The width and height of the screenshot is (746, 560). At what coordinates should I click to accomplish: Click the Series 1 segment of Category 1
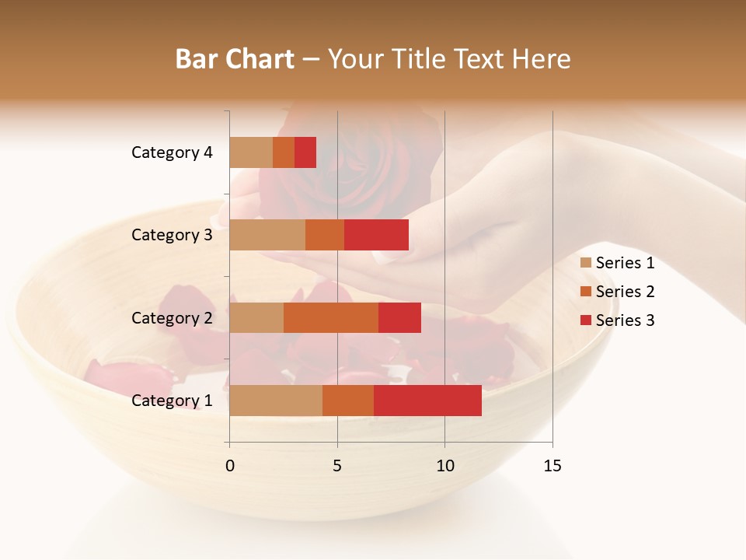(x=276, y=401)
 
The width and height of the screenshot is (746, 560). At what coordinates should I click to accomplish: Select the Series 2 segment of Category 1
(x=348, y=401)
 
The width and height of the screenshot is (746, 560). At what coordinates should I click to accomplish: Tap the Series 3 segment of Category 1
(x=427, y=401)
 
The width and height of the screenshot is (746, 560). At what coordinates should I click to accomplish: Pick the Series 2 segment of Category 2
(x=331, y=317)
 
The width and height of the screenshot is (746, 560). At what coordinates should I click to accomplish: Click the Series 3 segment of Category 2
(x=399, y=317)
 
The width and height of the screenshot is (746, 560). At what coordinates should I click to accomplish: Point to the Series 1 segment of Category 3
(x=267, y=235)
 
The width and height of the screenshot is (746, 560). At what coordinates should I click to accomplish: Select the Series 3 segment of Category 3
(x=376, y=235)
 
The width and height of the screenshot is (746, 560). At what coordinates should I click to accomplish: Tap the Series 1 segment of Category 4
(x=251, y=152)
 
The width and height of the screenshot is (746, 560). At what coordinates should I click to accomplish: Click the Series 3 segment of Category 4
(x=305, y=152)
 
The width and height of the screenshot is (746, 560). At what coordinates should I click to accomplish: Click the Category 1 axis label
(x=171, y=401)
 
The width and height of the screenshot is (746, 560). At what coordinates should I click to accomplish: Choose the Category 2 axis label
(x=171, y=317)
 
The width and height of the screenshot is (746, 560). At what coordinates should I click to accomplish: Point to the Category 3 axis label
(x=171, y=235)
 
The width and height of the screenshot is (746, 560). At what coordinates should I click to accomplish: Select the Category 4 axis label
(x=171, y=152)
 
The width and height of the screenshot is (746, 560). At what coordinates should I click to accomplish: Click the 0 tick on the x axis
(x=230, y=466)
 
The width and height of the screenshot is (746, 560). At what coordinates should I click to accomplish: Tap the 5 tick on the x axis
(x=337, y=466)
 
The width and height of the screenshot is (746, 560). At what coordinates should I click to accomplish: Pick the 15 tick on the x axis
(x=552, y=466)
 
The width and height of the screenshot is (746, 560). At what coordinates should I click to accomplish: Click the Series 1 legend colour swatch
(x=586, y=263)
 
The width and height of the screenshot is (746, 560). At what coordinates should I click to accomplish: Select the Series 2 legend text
(x=625, y=292)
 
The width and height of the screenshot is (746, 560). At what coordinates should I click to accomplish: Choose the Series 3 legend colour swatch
(x=586, y=320)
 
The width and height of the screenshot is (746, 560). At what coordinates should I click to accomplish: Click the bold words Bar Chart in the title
(x=235, y=59)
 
